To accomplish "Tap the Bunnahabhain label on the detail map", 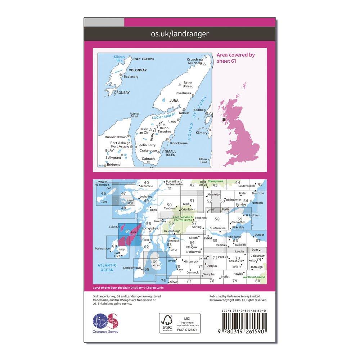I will click(116, 137).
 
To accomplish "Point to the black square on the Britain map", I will click(224, 119).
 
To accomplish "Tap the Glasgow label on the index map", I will click(192, 247).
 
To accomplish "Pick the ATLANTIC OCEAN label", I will click(105, 267).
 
